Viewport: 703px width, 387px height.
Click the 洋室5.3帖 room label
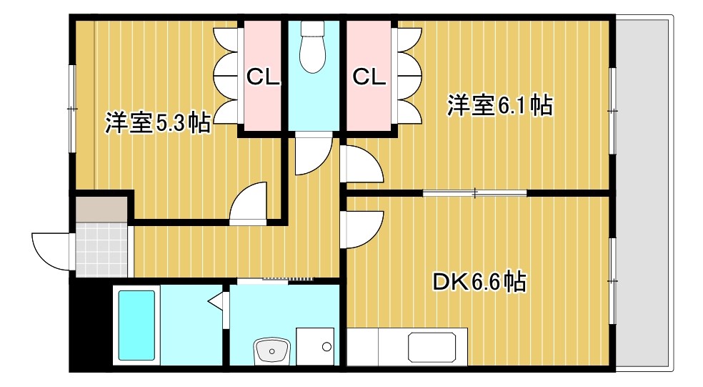157,123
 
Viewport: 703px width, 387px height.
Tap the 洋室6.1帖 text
499,106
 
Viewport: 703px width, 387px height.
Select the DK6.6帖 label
479,282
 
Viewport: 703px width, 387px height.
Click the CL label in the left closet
262,77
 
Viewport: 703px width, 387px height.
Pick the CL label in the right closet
369,77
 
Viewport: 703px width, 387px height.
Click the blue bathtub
135,325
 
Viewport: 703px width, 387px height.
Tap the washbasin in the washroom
271,351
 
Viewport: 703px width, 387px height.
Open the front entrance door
50,250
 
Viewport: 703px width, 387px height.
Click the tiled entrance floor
101,248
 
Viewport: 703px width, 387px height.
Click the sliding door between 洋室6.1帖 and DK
474,192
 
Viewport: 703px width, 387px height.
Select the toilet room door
313,155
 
